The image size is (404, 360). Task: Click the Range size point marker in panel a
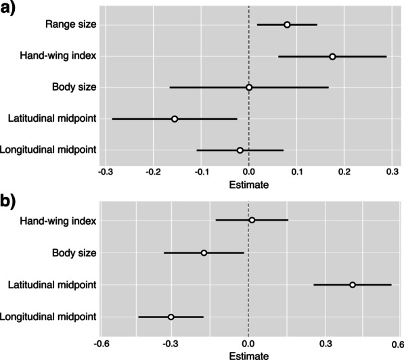coord(287,25)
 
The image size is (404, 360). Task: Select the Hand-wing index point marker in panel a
coord(332,56)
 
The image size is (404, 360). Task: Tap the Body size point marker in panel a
coord(249,87)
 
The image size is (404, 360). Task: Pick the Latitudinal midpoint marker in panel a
coord(175,118)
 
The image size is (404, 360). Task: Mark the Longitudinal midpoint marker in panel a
coord(240,150)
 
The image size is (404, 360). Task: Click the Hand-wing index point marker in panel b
coord(252,220)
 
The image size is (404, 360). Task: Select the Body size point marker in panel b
coord(204,252)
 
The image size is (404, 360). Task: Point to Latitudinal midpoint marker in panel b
coord(353,285)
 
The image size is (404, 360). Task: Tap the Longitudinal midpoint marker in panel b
coord(171,317)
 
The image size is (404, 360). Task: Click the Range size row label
coord(70,25)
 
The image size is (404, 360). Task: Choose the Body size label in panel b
coord(74,252)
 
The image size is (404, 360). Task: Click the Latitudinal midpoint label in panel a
coord(52,118)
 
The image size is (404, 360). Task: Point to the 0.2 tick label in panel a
coord(344,172)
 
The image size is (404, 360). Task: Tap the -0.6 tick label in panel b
coord(100,340)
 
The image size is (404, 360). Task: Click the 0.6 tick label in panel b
coord(396,340)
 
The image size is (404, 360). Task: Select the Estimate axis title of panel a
coord(249,184)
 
